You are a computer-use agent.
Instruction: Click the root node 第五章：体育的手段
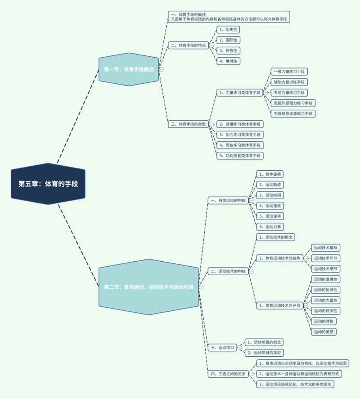[48, 184]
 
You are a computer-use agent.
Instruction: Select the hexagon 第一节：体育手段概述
[129, 69]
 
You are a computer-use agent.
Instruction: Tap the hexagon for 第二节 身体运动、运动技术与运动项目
[149, 287]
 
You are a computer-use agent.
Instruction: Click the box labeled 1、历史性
[228, 30]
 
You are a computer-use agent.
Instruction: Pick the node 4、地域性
[228, 61]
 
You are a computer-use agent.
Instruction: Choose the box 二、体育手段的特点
[189, 45]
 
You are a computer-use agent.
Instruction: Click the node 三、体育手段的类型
[189, 124]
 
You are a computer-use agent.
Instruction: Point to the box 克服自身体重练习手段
[293, 113]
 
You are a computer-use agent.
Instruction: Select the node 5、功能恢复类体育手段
[240, 155]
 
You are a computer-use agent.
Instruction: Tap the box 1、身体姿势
[270, 174]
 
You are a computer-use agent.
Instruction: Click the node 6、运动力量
[270, 227]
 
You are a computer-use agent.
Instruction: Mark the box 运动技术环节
[326, 258]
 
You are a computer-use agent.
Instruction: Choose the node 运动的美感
[324, 332]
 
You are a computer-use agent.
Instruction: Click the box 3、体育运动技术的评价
[279, 305]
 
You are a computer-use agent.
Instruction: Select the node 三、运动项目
[222, 347]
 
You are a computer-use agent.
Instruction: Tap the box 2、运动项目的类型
[264, 353]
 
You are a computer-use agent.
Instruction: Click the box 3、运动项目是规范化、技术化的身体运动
[295, 384]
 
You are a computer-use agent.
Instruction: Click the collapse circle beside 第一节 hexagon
[161, 69]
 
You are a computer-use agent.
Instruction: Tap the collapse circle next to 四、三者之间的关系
[251, 373]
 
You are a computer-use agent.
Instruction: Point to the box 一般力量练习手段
[289, 72]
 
